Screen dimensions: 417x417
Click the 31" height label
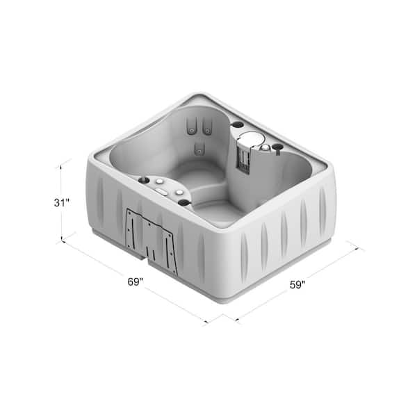[x=62, y=203]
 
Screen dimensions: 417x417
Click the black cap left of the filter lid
[x=237, y=125]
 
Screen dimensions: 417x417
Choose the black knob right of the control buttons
[x=185, y=202]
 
